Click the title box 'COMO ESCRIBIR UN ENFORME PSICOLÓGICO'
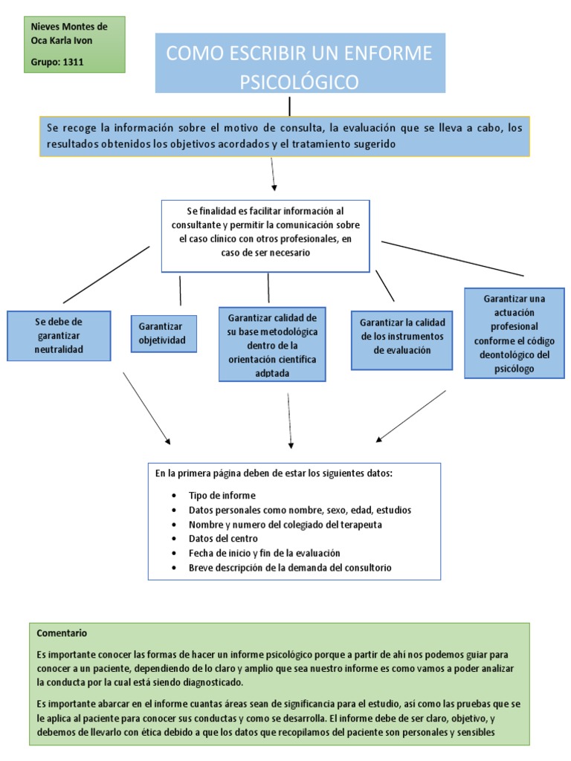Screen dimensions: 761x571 point(300,63)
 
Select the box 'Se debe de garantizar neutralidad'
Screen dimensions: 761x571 point(59,336)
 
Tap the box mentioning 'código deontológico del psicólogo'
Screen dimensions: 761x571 point(514,334)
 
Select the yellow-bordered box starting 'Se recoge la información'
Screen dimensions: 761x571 point(285,136)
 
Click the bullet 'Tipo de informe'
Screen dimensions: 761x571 point(222,496)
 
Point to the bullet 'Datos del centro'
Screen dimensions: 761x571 point(223,539)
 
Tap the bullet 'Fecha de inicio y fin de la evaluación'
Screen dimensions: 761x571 point(264,553)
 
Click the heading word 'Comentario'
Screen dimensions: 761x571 point(62,633)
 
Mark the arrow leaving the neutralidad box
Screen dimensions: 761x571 point(146,408)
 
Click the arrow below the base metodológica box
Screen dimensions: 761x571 point(290,420)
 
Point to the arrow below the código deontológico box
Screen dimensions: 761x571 point(411,416)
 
